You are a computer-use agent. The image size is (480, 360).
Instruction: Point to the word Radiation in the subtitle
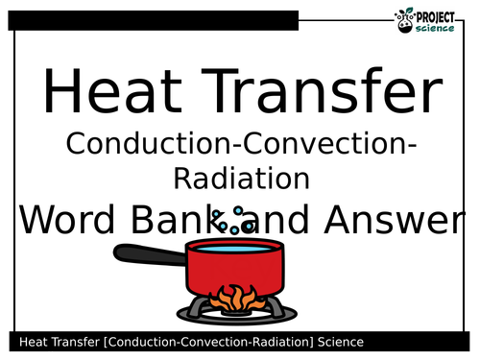(x=239, y=178)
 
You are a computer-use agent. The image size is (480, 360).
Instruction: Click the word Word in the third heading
(x=65, y=221)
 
